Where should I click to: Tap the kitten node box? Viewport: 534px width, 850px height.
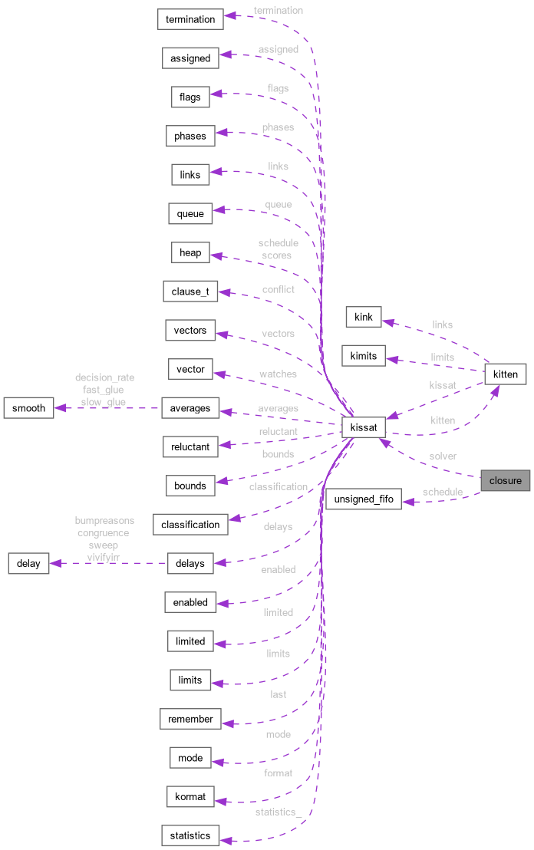tap(505, 374)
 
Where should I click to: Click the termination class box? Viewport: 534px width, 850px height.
tap(190, 19)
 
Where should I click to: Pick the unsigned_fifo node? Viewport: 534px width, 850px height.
tap(364, 499)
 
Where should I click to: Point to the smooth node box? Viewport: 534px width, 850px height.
tap(29, 408)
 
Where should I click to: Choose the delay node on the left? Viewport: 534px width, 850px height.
tap(28, 564)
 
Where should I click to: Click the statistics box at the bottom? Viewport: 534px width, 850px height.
tap(190, 835)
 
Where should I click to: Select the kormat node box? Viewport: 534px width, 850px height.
tap(190, 796)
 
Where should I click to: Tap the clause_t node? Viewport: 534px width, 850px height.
tap(190, 292)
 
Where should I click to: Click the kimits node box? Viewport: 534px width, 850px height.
tap(364, 356)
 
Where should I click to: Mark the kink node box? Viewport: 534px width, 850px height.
tap(364, 317)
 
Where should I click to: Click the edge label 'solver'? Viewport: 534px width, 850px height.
tap(443, 456)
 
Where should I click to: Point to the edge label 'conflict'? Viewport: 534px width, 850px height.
tap(278, 289)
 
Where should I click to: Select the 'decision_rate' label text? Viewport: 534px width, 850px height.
tap(104, 377)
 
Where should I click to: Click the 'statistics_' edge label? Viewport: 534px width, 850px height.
tap(278, 812)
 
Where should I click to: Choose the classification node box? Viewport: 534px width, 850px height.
tap(190, 525)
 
